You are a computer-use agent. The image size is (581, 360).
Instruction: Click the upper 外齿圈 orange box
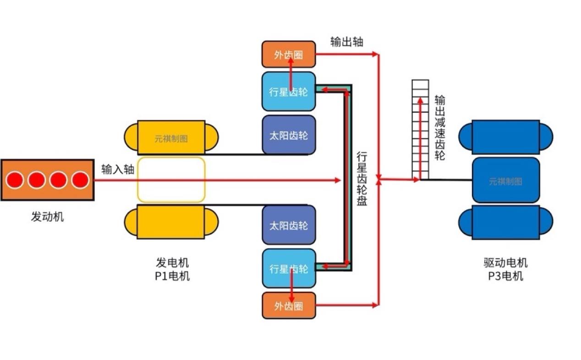288,54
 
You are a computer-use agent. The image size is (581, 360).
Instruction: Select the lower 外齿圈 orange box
288,305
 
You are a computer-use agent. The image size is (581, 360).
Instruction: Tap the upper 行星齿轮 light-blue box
288,91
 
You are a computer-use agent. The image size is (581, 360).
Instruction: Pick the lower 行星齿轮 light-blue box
288,268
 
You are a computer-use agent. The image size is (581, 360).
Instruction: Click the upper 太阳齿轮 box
288,135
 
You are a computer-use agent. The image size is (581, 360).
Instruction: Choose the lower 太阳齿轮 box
288,225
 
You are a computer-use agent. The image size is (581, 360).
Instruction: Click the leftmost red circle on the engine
15,180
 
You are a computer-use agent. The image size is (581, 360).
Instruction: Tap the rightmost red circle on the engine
80,180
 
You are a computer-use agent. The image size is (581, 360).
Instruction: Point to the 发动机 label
47,217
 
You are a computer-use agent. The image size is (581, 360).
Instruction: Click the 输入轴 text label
118,169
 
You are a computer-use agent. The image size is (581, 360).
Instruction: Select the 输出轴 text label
347,42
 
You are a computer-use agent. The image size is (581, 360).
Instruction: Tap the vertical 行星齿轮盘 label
362,179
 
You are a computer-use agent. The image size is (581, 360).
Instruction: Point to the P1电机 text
172,276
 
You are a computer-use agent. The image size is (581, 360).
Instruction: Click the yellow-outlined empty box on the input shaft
171,180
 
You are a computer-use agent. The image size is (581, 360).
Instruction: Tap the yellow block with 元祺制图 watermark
171,137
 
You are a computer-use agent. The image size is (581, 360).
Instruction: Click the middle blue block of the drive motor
505,180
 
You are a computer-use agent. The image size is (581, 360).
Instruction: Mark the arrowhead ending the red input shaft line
339,180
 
